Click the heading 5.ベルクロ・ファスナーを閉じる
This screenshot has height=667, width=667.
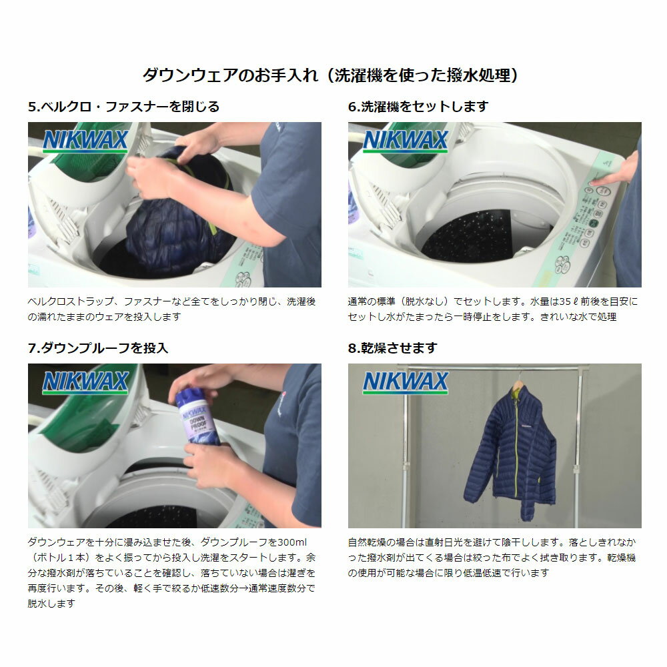pos(123,107)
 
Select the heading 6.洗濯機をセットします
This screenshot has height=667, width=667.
pos(418,107)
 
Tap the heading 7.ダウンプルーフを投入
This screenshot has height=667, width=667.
pos(98,348)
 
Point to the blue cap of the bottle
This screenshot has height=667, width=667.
pos(195,398)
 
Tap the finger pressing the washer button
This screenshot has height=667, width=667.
pos(600,179)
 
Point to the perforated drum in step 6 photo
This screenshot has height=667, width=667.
pos(467,237)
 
